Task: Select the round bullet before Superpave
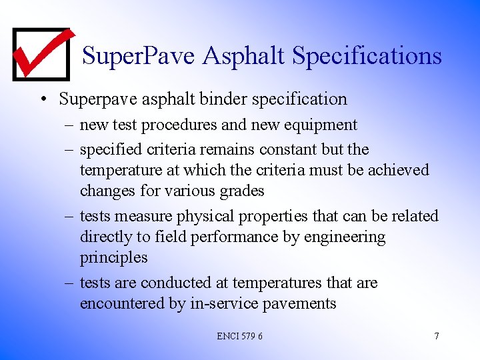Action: point(43,100)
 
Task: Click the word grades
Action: point(241,191)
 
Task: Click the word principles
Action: point(113,257)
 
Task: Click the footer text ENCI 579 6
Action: point(239,336)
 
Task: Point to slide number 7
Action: point(436,336)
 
